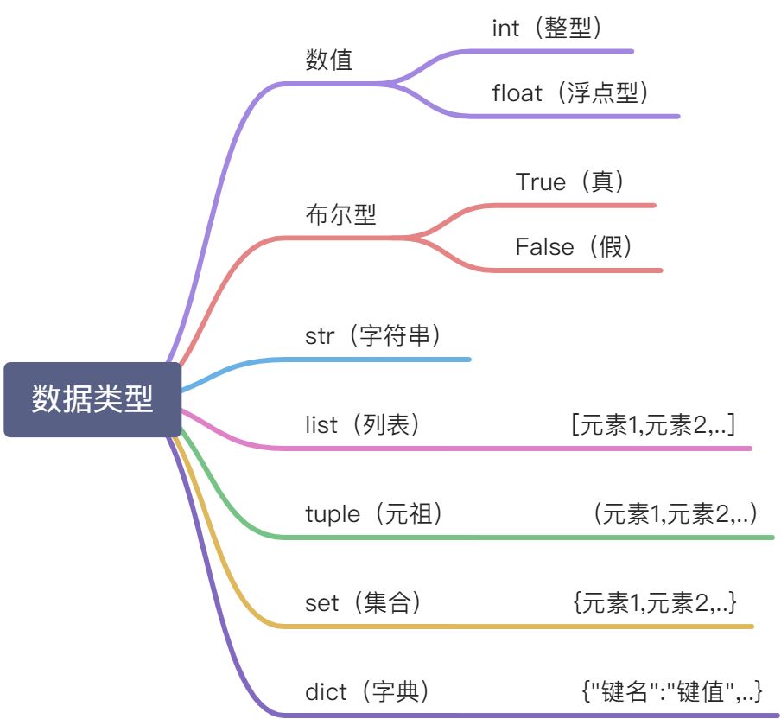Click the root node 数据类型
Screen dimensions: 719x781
click(x=92, y=399)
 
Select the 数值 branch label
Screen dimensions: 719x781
click(x=329, y=60)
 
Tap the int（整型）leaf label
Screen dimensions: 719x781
click(x=547, y=28)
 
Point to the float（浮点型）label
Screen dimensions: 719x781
click(x=570, y=93)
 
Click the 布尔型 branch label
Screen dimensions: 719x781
click(x=340, y=213)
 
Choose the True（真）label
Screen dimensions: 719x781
click(x=570, y=181)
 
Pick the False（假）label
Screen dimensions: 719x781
click(x=575, y=247)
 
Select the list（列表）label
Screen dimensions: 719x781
click(x=363, y=424)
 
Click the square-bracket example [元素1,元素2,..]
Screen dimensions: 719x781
click(x=653, y=424)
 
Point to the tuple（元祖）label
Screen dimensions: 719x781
click(x=375, y=514)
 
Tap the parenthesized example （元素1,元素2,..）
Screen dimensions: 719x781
click(x=675, y=514)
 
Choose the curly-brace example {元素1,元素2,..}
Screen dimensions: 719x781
click(x=655, y=602)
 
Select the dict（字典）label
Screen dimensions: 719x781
click(x=367, y=691)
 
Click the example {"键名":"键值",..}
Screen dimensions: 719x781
click(x=672, y=691)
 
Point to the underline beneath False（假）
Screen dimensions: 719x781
click(x=587, y=270)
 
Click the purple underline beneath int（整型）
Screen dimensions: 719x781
click(x=562, y=51)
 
